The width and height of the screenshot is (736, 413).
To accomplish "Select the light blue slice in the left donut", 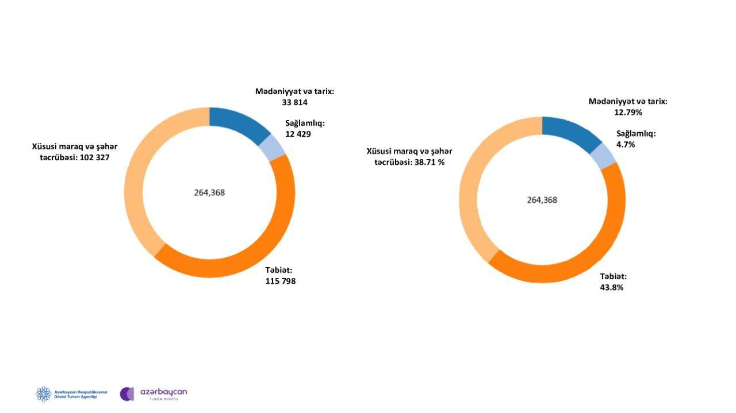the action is [273, 148].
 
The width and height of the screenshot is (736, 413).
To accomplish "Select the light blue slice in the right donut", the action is [604, 156].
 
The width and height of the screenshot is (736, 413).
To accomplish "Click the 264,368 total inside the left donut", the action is [210, 192].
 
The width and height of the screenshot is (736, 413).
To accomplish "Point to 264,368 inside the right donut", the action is [542, 200].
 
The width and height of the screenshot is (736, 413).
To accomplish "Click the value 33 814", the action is [295, 102].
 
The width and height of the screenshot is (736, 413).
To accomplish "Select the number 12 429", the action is [298, 134].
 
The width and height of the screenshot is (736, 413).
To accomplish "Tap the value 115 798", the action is [281, 281].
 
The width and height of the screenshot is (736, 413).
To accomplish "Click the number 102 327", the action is [95, 157].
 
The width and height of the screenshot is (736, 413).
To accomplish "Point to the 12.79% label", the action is [628, 113].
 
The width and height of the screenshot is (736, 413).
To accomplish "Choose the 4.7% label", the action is [626, 145].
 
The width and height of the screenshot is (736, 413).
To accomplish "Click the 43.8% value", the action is [612, 288].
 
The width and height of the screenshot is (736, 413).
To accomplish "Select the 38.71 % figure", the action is [430, 162].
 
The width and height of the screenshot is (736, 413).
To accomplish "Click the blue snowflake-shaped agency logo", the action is [44, 394].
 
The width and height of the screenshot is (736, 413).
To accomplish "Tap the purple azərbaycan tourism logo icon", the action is [127, 394].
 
